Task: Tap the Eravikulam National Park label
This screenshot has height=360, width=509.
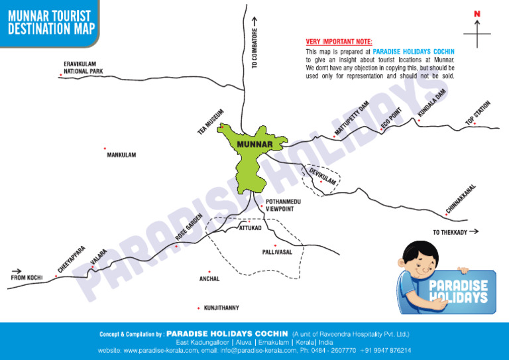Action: pyautogui.click(x=84, y=67)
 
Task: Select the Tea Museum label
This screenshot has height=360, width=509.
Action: pyautogui.click(x=211, y=121)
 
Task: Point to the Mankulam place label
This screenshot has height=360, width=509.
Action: pyautogui.click(x=121, y=155)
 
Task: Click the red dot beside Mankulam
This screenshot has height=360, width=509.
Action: pyautogui.click(x=105, y=149)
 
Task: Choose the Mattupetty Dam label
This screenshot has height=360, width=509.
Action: pyautogui.click(x=351, y=118)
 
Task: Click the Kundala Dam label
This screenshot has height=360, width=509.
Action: pyautogui.click(x=431, y=105)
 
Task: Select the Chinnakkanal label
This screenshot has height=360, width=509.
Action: pyautogui.click(x=461, y=199)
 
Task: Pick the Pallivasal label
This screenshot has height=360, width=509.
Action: pyautogui.click(x=277, y=253)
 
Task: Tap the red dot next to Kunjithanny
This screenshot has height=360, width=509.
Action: pyautogui.click(x=199, y=308)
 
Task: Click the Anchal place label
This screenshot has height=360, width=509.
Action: pyautogui.click(x=209, y=279)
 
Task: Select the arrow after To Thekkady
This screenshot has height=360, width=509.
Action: pyautogui.click(x=473, y=232)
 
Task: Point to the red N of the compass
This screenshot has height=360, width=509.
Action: pyautogui.click(x=477, y=14)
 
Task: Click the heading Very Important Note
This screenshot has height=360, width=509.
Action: pyautogui.click(x=339, y=41)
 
